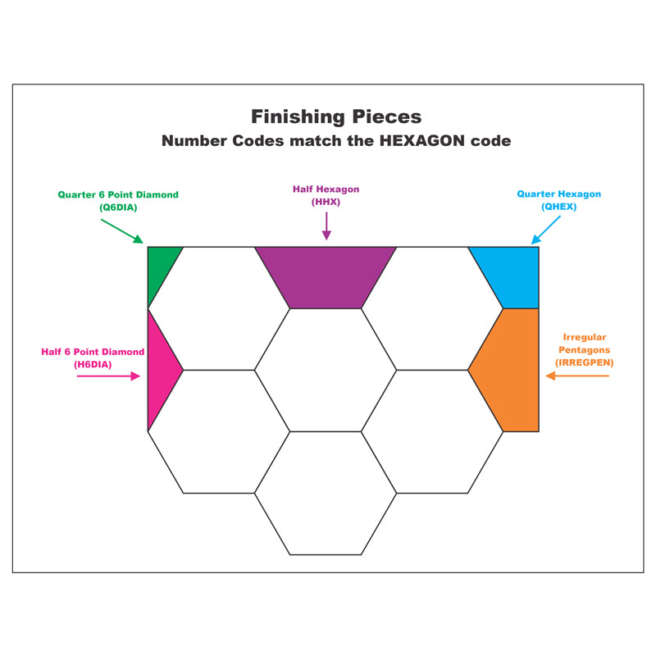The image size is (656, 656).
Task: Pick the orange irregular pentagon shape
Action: tap(509, 369)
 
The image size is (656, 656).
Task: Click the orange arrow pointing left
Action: tap(578, 376)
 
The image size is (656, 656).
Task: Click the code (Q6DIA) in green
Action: tap(118, 207)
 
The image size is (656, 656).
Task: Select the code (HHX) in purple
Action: tap(326, 202)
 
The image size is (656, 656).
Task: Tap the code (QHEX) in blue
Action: tap(558, 207)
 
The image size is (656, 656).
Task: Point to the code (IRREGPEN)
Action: tap(584, 362)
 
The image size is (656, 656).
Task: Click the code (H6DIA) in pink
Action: tap(93, 364)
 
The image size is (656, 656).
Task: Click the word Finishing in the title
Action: tap(293, 116)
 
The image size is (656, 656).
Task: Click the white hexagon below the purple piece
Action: tap(326, 370)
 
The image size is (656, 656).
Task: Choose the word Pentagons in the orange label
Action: tap(584, 349)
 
